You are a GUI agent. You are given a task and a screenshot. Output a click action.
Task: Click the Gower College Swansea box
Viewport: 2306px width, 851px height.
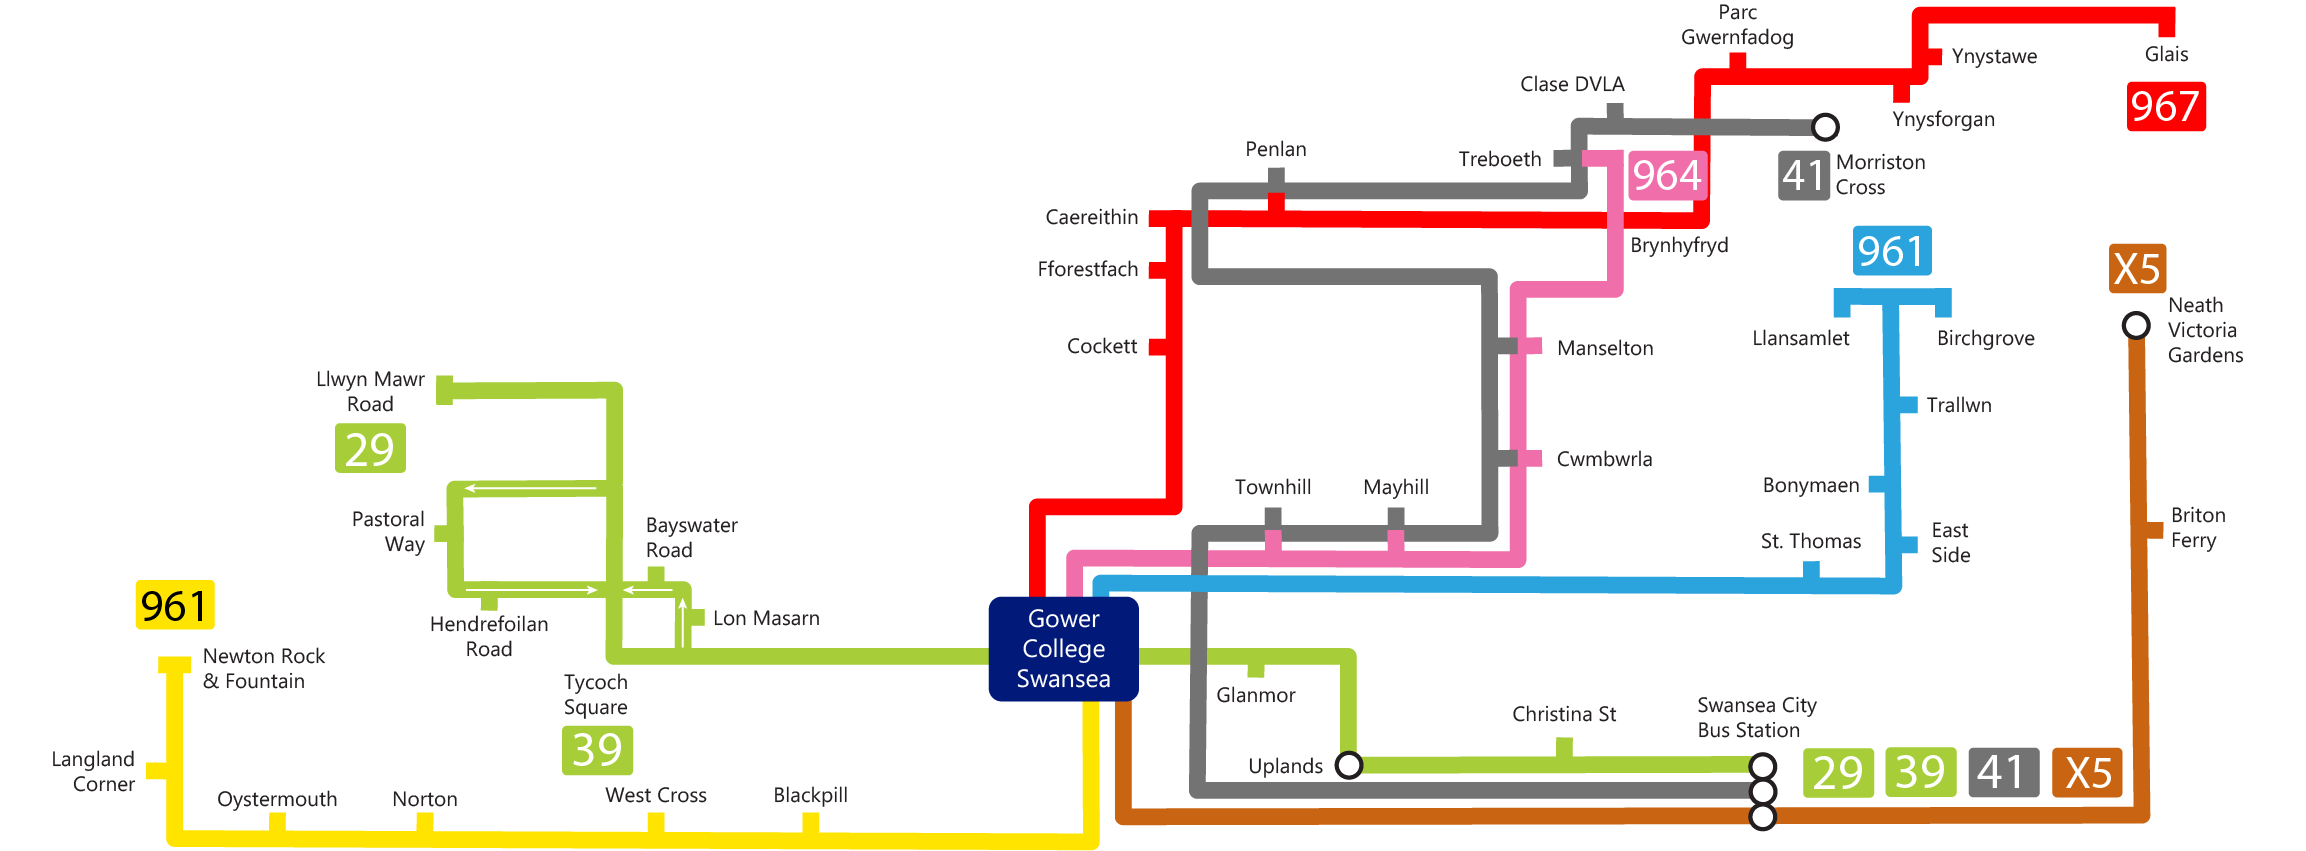1063,649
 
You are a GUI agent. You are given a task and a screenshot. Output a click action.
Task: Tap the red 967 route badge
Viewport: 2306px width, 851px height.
2165,106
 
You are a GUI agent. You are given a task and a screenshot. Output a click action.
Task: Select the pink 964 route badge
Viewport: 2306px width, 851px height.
1666,176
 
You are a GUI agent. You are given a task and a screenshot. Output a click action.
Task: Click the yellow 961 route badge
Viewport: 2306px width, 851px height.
174,605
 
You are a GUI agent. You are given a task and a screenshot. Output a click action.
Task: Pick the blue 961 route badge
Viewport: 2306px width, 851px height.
1890,251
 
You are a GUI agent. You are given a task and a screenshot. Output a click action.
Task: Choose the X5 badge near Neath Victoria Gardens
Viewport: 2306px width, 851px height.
2137,269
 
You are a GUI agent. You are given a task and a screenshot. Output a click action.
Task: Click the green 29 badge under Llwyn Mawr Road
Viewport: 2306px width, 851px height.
370,449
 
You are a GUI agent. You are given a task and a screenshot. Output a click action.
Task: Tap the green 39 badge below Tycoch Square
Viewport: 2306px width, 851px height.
597,749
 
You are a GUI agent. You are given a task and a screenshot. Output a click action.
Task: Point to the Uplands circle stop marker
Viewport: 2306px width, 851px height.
1348,765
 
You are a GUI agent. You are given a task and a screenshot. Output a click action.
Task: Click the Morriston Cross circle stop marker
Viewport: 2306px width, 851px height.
1825,127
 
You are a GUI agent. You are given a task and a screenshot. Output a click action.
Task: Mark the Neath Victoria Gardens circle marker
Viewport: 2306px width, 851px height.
2136,326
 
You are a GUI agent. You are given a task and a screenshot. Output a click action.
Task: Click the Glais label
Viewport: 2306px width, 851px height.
2166,55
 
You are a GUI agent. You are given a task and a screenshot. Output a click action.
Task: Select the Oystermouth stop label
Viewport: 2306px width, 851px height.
277,799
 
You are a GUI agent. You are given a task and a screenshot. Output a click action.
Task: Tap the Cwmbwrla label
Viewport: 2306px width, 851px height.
1604,459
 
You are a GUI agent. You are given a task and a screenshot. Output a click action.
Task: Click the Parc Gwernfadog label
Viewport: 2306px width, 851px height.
1737,25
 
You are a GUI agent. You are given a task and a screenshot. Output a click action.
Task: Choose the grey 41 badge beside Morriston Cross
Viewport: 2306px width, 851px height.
1803,176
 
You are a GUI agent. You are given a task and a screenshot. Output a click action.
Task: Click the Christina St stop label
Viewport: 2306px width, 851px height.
1564,714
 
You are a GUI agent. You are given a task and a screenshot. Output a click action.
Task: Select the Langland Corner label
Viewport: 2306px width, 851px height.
93,771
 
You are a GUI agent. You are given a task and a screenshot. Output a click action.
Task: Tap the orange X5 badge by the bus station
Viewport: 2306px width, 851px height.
2088,773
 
